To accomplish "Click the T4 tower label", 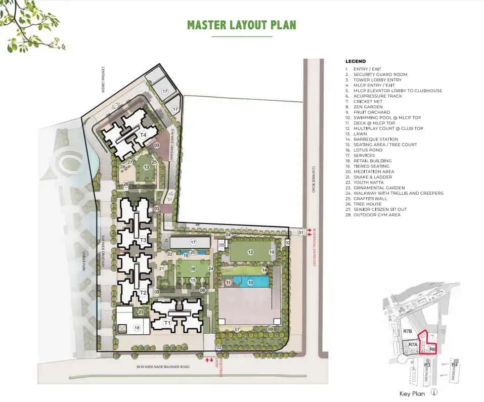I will pos(143,135).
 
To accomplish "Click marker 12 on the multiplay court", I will pos(250,252).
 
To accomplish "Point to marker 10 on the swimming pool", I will pos(250,282).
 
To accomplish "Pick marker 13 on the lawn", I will pos(146,167).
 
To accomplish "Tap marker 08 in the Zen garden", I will pos(193,269).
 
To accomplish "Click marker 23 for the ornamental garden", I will pos(141,312).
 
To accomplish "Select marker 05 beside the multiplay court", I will pos(222,245).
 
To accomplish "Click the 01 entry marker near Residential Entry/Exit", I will pos(300,233).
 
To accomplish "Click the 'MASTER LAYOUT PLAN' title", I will pos(241,25).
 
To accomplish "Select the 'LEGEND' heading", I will pos(356,61).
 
